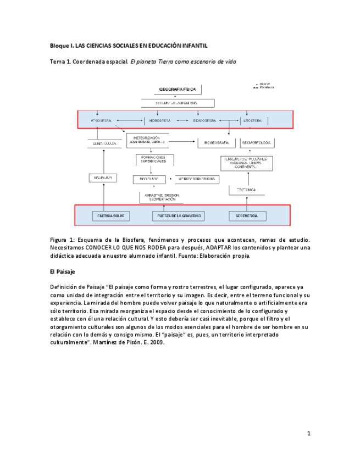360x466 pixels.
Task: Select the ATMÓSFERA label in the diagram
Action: click(x=98, y=120)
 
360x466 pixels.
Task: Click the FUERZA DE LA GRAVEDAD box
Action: click(x=180, y=216)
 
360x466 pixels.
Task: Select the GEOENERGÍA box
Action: click(x=247, y=216)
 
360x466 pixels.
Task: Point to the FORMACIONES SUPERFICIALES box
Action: click(x=154, y=160)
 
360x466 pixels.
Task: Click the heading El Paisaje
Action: click(x=62, y=271)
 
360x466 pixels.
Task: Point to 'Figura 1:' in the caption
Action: click(x=63, y=240)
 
